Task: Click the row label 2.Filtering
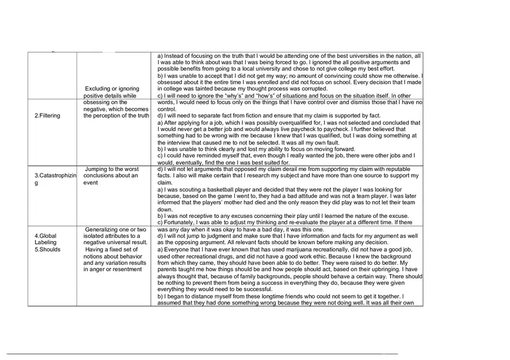tap(48, 115)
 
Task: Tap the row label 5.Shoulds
tap(48, 250)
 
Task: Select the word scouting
tap(191, 190)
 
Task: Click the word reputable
tap(380, 169)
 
